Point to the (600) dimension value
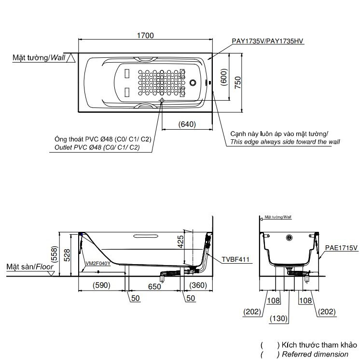[x=223, y=77]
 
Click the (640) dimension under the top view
[x=187, y=124]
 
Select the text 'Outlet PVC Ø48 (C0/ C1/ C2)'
[x=97, y=147]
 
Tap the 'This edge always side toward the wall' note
[x=285, y=142]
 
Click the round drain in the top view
[x=194, y=82]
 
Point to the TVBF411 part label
[x=236, y=260]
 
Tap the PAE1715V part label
[x=341, y=247]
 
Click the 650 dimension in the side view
[x=154, y=285]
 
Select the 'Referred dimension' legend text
[x=314, y=354]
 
